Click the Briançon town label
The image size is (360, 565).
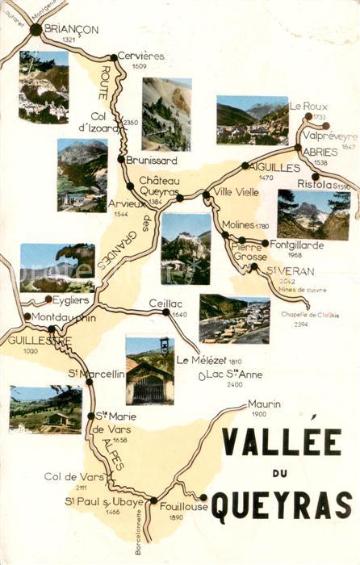coord(72,29)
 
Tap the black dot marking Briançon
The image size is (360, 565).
coord(36,29)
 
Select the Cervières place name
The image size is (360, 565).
coord(140,56)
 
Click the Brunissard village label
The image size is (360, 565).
coord(151,161)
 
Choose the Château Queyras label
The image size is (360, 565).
coord(157,186)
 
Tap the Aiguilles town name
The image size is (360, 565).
coord(279,166)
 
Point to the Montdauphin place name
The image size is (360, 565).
coord(64,317)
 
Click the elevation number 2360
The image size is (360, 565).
coord(130,123)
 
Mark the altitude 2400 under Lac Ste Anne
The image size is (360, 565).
coord(234,384)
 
